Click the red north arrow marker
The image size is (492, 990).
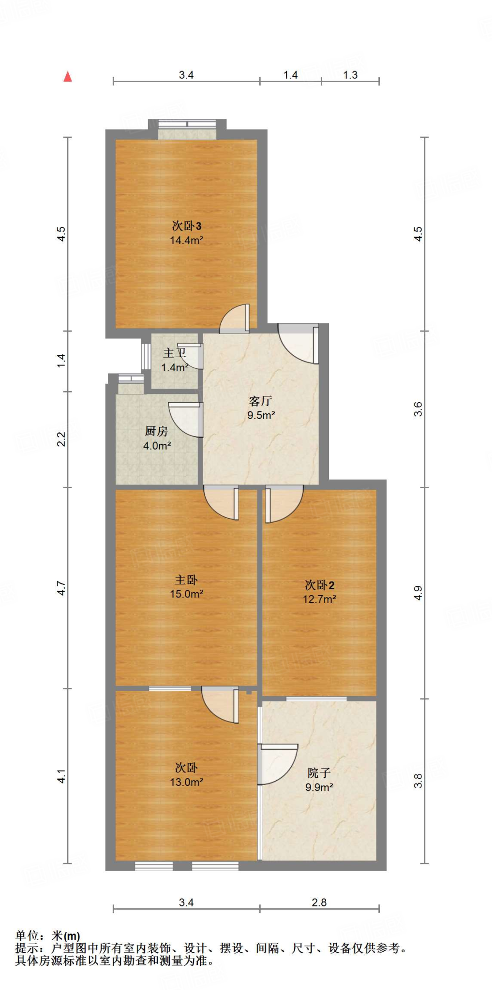pyautogui.click(x=68, y=76)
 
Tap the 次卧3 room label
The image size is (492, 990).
pyautogui.click(x=186, y=226)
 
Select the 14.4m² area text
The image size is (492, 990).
pyautogui.click(x=186, y=240)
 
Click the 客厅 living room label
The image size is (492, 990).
pyautogui.click(x=261, y=401)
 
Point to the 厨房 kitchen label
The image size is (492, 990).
pyautogui.click(x=156, y=431)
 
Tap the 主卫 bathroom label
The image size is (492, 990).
pyautogui.click(x=174, y=353)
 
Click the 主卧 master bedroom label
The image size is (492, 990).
pyautogui.click(x=186, y=580)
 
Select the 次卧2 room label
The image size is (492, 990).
pyautogui.click(x=319, y=585)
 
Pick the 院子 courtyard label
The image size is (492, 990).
pyautogui.click(x=319, y=773)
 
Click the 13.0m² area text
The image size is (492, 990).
pyautogui.click(x=186, y=782)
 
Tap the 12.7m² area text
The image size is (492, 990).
pyautogui.click(x=319, y=599)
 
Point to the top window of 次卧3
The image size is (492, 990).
pyautogui.click(x=187, y=124)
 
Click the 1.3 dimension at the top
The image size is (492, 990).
pyautogui.click(x=350, y=75)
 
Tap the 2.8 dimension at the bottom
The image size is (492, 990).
pyautogui.click(x=319, y=903)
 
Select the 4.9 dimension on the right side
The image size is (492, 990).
pyautogui.click(x=418, y=593)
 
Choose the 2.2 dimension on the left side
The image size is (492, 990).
pyautogui.click(x=61, y=439)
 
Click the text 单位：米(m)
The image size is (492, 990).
pyautogui.click(x=48, y=936)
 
